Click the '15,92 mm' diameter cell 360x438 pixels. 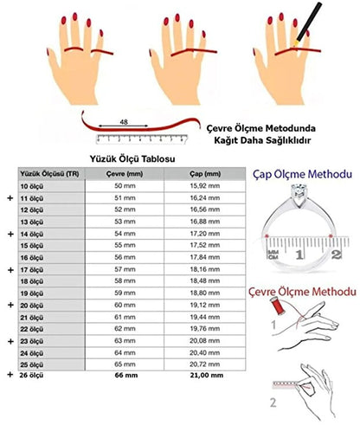205,186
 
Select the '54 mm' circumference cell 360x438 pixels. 125,234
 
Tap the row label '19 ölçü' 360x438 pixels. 32,293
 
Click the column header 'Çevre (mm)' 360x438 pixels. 125,174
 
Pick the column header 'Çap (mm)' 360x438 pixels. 205,174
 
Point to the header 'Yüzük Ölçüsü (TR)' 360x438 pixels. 49,174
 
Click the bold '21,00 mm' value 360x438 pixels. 207,375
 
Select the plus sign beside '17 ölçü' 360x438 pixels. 10,270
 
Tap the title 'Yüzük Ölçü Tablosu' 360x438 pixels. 132,158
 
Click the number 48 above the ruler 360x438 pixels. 124,122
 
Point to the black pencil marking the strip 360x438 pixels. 308,23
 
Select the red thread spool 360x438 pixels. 278,306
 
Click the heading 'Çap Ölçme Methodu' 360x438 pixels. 303,174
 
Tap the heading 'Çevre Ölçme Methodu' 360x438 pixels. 303,292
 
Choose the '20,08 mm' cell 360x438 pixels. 205,341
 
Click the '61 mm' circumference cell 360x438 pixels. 125,317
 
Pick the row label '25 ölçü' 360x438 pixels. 32,364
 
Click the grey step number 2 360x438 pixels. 273,403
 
